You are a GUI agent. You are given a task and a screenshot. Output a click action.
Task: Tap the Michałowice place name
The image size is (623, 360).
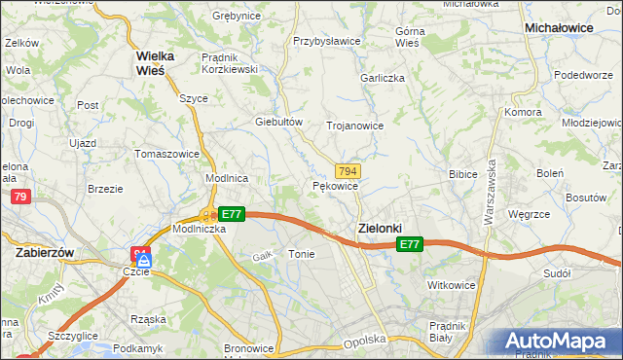[x=559, y=29]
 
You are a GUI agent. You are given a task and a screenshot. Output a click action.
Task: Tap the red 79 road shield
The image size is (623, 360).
[x=19, y=198]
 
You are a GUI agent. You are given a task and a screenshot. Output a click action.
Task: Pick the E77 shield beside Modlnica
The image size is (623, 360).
[x=231, y=214]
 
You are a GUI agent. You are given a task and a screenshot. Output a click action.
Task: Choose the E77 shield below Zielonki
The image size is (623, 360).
[x=410, y=246]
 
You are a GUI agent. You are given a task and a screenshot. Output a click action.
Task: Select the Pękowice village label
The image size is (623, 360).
[x=336, y=186]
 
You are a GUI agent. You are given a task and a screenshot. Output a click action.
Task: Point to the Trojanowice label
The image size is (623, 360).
[x=354, y=126]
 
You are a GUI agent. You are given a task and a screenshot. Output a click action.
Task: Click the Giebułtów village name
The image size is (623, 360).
[x=279, y=122]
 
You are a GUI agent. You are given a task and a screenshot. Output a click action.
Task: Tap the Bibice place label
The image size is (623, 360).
[x=461, y=175]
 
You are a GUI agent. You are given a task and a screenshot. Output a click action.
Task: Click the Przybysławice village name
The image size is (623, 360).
[x=327, y=42]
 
